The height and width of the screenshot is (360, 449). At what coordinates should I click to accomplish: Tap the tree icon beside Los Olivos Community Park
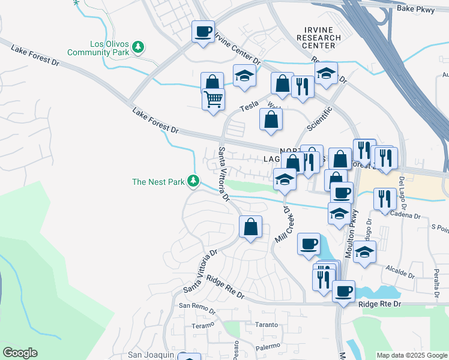point(139,46)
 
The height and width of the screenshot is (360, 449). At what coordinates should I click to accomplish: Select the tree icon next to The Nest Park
point(193,180)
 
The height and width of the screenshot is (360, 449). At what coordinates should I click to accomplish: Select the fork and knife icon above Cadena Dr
point(385,199)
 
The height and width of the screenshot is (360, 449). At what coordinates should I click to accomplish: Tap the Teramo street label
point(203,325)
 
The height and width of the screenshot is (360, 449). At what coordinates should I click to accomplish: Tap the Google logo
point(20,353)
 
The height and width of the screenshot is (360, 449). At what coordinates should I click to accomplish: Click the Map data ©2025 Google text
point(411,355)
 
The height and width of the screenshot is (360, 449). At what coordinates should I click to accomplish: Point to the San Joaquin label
point(151,355)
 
